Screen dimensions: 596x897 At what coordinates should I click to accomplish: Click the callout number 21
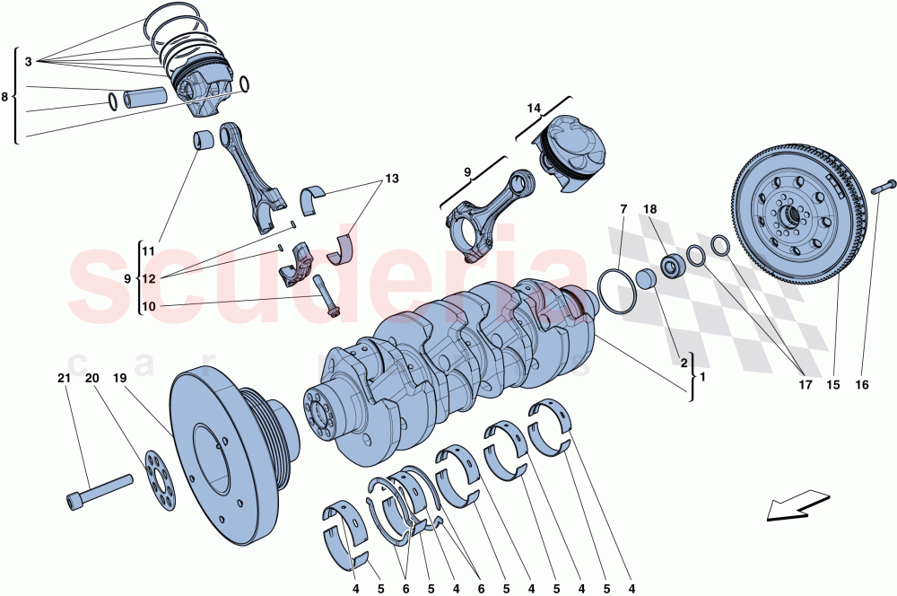click(x=64, y=380)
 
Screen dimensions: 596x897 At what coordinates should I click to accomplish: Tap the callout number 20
click(x=91, y=380)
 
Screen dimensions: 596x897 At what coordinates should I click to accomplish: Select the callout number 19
click(x=119, y=380)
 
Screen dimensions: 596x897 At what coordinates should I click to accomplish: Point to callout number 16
click(x=861, y=385)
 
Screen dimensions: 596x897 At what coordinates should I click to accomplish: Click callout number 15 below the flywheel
click(x=833, y=385)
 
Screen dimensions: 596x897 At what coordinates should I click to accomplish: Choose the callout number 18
click(x=651, y=209)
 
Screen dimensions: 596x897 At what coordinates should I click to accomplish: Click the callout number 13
click(x=391, y=179)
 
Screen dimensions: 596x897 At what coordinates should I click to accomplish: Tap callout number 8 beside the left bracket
click(x=5, y=95)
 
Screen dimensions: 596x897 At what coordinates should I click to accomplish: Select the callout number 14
click(x=534, y=109)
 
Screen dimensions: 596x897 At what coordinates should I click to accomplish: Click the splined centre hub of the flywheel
click(x=789, y=216)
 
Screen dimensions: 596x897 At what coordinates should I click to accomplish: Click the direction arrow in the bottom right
click(x=797, y=504)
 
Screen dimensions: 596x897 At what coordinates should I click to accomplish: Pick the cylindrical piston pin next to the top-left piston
click(x=146, y=94)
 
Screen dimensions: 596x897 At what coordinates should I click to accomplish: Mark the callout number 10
click(x=148, y=306)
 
